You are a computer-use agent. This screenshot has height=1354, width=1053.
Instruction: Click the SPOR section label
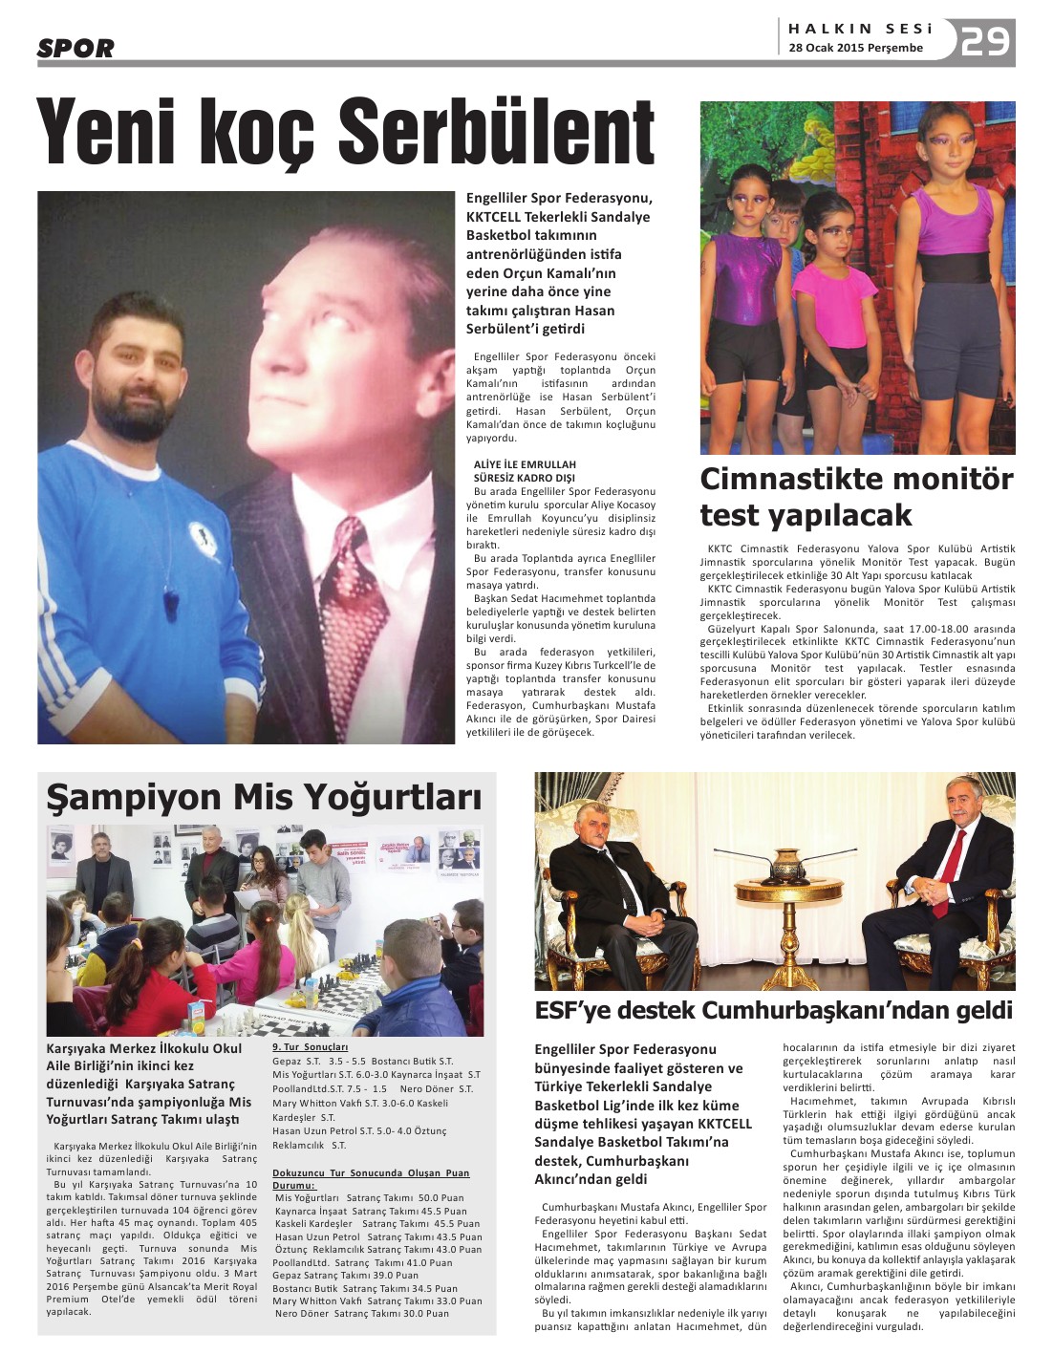(x=75, y=48)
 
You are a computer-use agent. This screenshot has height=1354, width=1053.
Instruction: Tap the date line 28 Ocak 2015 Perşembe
(x=855, y=48)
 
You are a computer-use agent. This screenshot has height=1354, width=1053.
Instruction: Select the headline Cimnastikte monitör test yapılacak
(x=856, y=497)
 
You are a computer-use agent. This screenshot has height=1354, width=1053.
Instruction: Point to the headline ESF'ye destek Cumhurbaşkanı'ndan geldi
(x=773, y=1010)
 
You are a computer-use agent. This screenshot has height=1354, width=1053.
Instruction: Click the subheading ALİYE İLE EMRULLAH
(x=525, y=464)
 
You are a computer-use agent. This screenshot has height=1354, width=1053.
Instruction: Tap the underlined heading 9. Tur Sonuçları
(x=310, y=1047)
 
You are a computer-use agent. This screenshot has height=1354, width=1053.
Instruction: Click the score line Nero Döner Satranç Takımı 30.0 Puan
(x=362, y=1314)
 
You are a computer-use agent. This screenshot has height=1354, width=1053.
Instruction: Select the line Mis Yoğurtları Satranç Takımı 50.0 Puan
(x=369, y=1197)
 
